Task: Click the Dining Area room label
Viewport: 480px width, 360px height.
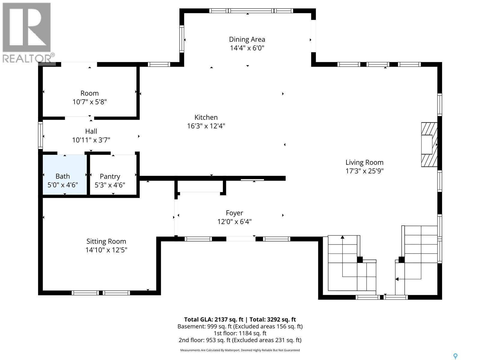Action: (247, 39)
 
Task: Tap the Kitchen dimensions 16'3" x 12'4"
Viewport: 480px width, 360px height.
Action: (206, 126)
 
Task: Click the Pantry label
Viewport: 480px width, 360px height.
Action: (110, 176)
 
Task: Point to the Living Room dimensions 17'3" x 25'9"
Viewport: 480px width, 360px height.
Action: (364, 171)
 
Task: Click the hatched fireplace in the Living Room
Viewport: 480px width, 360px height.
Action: (429, 145)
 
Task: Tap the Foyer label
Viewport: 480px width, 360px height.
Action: (234, 213)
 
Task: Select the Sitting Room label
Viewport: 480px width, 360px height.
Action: (106, 241)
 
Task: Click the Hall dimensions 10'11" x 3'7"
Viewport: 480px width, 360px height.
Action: (91, 140)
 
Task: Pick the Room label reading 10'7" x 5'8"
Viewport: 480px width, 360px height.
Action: (89, 93)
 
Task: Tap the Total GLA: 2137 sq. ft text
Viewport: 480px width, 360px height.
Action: (214, 319)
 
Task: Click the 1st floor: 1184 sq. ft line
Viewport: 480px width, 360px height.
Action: (240, 333)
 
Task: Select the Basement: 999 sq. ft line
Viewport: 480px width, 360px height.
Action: (240, 326)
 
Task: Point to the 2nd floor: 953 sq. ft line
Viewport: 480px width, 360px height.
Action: (240, 340)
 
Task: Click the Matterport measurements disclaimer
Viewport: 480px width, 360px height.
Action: (240, 350)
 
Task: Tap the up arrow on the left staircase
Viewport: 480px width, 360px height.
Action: (343, 238)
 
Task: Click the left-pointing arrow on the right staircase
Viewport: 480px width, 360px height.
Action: (397, 279)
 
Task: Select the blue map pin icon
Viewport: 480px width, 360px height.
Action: (455, 356)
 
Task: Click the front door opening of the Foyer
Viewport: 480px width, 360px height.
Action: (241, 239)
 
